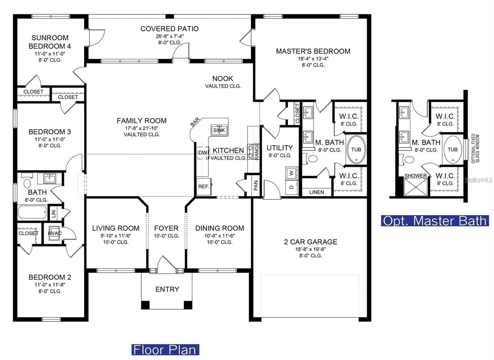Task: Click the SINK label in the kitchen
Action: coord(219,130)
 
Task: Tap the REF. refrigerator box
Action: coord(204,187)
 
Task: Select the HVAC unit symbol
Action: coord(54,233)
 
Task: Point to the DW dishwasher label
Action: coord(203,153)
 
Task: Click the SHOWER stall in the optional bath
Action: coord(416,187)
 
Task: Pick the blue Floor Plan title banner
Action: coord(165,349)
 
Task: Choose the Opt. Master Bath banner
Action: coord(435,221)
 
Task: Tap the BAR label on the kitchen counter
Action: coord(195,122)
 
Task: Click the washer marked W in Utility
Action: coord(291,173)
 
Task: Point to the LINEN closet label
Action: coord(316,192)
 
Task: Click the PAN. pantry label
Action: coord(256,185)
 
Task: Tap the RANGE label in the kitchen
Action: coord(257,151)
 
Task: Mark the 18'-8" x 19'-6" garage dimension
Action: coord(311,249)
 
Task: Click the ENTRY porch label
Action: coord(167,289)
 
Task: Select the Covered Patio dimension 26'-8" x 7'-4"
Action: coord(170,36)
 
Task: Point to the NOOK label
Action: coord(223,78)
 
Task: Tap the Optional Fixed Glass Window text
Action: coord(475,148)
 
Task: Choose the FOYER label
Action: coord(166,228)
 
